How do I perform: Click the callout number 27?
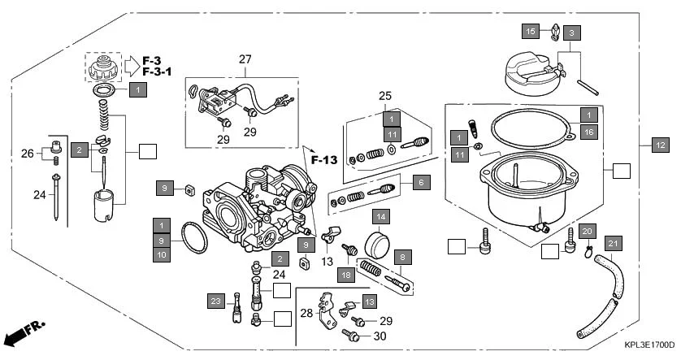(x=245, y=59)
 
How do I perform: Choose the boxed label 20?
(x=588, y=231)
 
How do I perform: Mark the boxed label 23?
(x=215, y=300)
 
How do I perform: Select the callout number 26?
(x=26, y=154)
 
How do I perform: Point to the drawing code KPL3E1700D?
(x=650, y=346)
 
